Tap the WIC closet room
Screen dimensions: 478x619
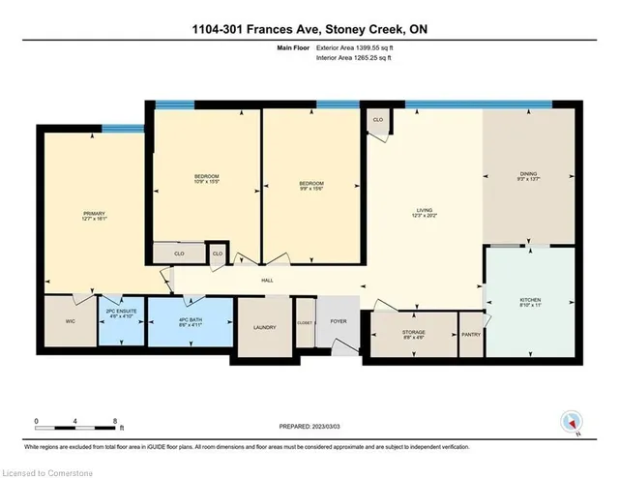(69, 321)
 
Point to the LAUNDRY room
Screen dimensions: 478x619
(263, 327)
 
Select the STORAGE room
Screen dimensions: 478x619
(414, 335)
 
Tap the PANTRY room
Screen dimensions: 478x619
(471, 335)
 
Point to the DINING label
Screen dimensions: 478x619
(528, 177)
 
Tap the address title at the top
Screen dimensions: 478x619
(309, 29)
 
